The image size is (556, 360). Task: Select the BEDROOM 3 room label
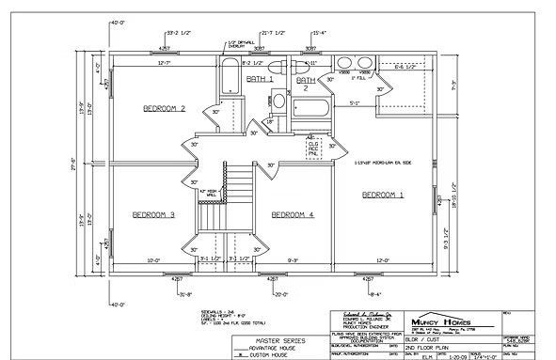coord(153,213)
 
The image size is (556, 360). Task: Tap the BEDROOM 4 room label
coord(293,215)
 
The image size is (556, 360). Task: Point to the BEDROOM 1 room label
coord(385,194)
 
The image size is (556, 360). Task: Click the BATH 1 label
coord(260,80)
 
